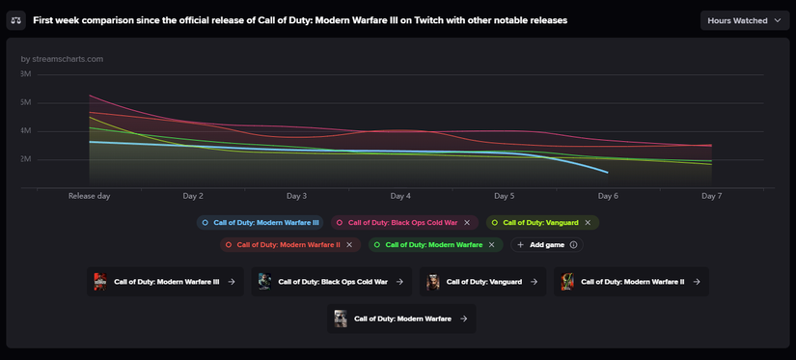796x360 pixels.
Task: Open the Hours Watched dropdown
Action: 744,20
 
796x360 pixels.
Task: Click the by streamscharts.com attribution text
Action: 62,59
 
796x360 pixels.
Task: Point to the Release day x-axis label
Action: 89,196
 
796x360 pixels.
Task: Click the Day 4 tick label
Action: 400,196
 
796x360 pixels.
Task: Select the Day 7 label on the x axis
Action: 711,196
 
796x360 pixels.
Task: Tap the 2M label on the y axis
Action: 25,159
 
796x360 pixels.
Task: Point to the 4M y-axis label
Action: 25,131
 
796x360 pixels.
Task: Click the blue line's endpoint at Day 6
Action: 608,173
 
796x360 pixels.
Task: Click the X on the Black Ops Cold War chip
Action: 468,223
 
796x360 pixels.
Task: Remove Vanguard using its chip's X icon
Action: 588,223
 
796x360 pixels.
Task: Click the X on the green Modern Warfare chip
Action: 491,245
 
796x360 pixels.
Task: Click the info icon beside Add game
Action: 574,245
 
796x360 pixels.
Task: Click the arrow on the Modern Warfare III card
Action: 232,282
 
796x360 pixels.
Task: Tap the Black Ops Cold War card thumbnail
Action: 264,282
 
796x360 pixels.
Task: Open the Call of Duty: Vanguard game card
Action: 482,282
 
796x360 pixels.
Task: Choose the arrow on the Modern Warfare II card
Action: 696,282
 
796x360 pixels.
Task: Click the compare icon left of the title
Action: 16,20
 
